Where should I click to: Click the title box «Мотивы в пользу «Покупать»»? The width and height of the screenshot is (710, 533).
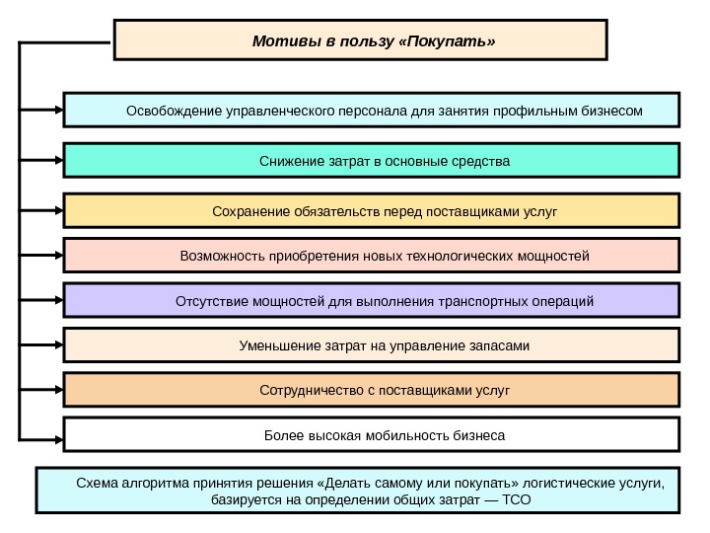click(361, 41)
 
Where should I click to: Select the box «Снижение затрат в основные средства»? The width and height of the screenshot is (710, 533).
click(372, 160)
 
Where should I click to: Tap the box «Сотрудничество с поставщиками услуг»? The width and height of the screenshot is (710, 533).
click(372, 390)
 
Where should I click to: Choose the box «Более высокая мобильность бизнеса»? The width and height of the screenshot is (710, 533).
click(372, 434)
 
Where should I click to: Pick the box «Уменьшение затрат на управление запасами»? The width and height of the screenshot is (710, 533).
click(372, 345)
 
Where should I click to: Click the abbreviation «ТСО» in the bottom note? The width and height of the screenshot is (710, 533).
click(517, 500)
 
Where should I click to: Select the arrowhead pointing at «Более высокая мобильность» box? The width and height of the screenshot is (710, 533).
click(56, 434)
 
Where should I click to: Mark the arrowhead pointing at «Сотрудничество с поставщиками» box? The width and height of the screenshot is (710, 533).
click(56, 390)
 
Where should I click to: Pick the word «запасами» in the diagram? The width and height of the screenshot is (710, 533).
click(501, 345)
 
